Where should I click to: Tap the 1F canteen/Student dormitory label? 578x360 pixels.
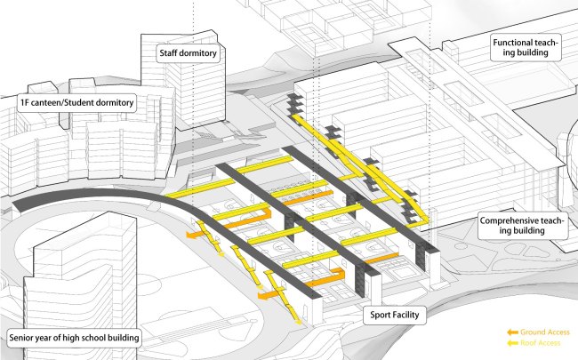click(x=76, y=103)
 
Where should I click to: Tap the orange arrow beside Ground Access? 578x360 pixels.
click(x=511, y=332)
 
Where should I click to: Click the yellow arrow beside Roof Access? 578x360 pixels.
click(x=511, y=341)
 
